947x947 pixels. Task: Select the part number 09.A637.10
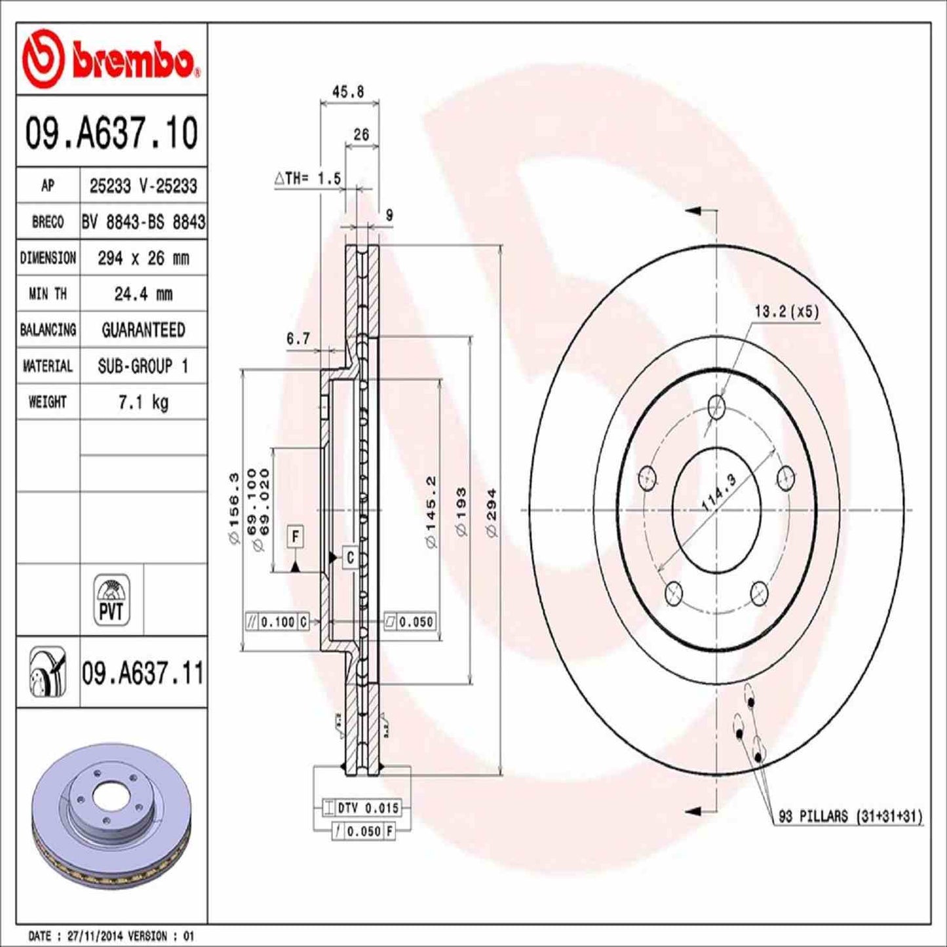(111, 133)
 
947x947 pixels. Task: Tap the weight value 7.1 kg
(143, 402)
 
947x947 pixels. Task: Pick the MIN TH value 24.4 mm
(143, 294)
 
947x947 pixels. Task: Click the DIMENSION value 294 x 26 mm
(143, 258)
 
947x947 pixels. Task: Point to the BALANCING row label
(48, 330)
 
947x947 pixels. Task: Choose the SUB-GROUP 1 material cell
(143, 366)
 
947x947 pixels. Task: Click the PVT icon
(111, 600)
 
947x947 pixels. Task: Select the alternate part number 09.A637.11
(143, 674)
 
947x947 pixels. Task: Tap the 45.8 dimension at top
(348, 92)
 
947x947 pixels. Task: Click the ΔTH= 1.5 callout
(307, 178)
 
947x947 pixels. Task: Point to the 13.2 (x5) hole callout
(786, 311)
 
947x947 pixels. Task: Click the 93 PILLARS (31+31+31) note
(850, 817)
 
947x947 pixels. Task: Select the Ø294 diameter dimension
(492, 512)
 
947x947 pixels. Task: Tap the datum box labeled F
(296, 537)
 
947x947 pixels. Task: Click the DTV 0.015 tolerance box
(368, 808)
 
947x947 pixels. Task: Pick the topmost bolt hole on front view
(718, 406)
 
